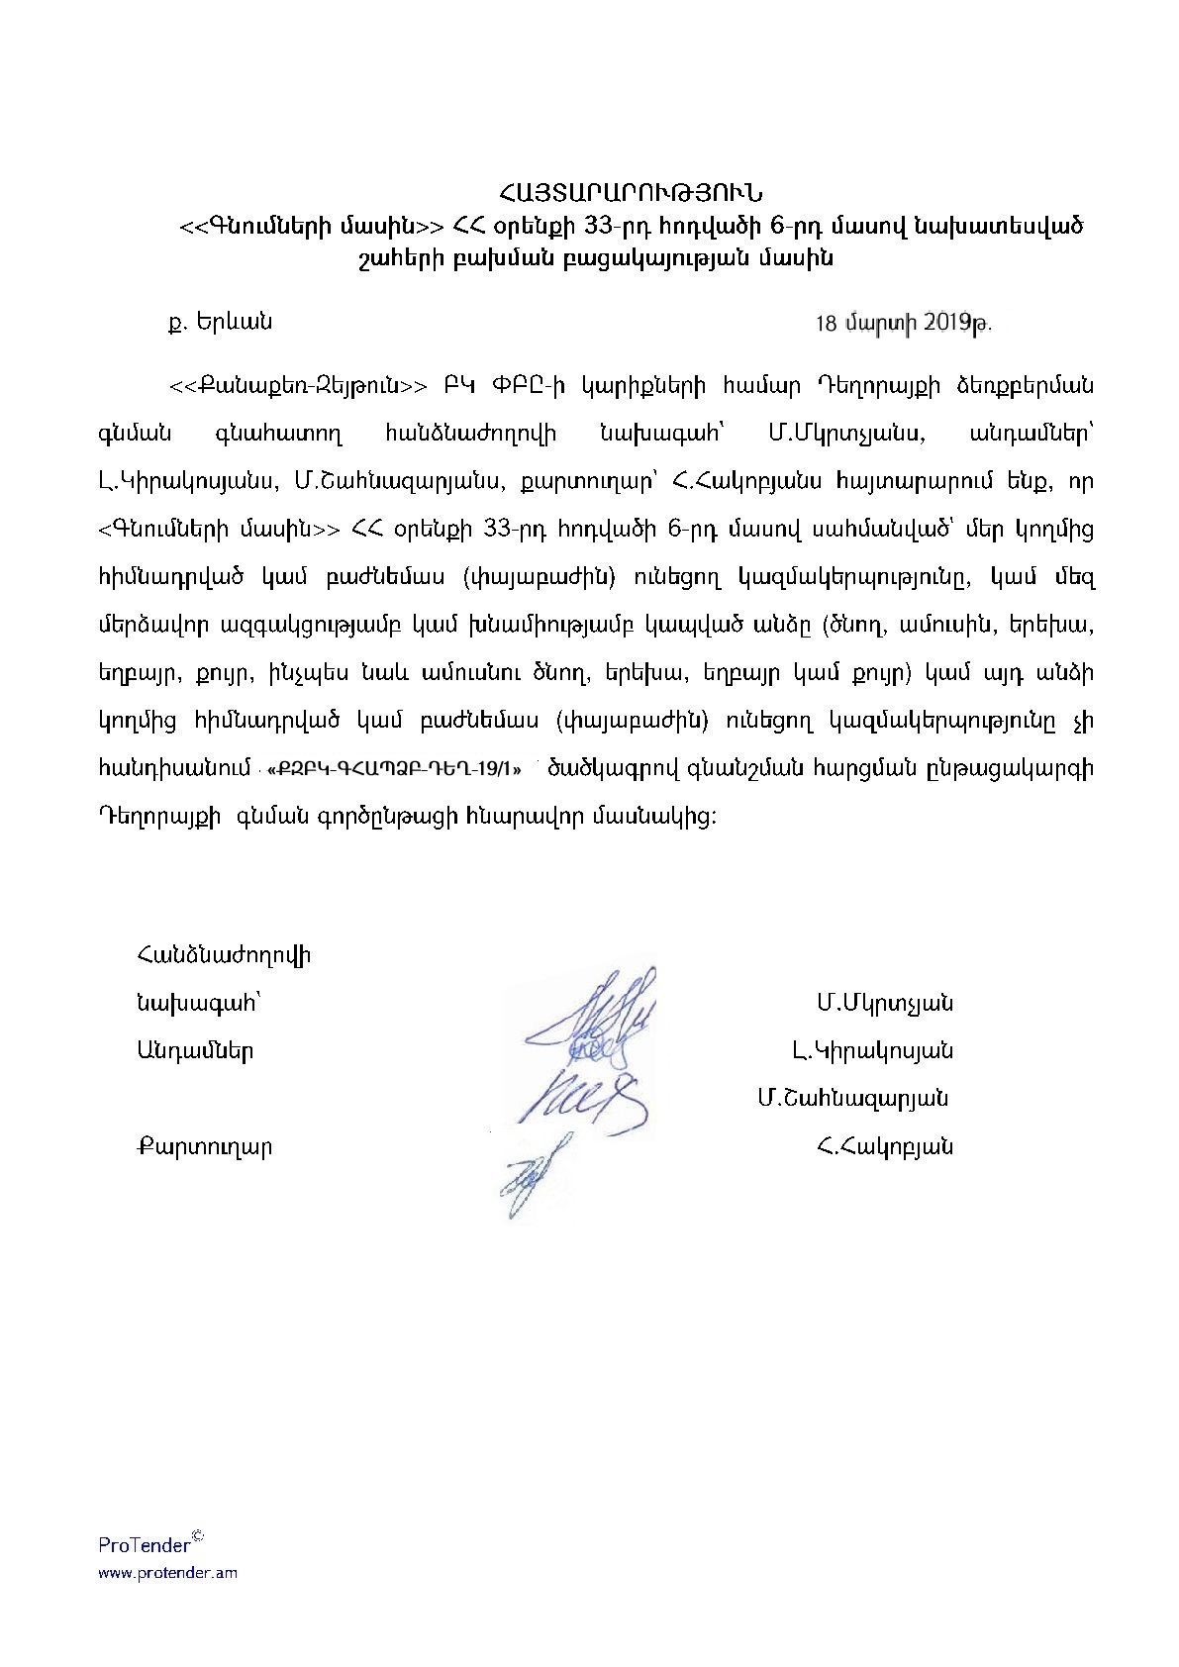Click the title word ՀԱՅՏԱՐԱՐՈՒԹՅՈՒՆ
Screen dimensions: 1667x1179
630,193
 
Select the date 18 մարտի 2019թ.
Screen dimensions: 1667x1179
903,323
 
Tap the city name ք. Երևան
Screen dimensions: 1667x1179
221,322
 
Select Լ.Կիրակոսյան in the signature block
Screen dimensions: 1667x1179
872,1050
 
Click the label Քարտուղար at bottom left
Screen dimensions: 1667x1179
205,1147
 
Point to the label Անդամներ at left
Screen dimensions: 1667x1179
196,1050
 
